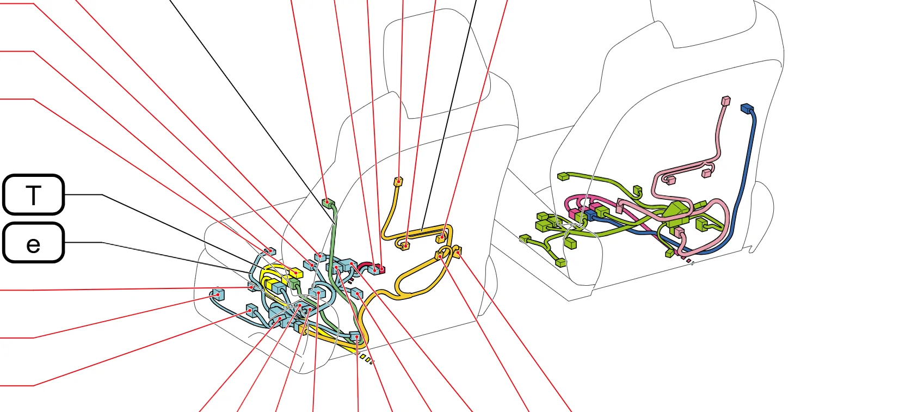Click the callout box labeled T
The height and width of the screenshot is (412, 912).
click(33, 195)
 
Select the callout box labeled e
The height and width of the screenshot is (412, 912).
click(33, 243)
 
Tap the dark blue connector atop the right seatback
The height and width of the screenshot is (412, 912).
click(747, 109)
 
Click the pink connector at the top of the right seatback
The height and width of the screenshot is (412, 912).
click(725, 101)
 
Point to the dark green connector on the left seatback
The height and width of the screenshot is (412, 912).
click(328, 202)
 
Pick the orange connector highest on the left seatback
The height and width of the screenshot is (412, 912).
click(398, 181)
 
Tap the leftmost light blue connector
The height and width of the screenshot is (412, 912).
click(218, 294)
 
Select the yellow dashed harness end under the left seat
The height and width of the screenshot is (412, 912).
click(365, 358)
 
